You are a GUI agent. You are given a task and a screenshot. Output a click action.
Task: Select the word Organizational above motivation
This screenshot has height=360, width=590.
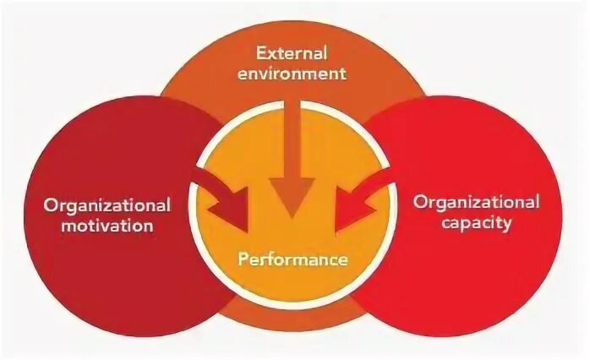pyautogui.click(x=107, y=205)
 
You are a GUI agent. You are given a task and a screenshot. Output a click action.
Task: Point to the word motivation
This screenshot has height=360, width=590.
pyautogui.click(x=101, y=226)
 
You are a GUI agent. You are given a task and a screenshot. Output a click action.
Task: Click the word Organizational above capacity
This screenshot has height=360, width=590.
pyautogui.click(x=476, y=202)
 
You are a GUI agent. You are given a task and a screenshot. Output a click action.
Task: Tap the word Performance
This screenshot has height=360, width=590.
pyautogui.click(x=292, y=259)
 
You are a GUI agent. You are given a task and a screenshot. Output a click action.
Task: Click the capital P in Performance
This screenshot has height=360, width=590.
pyautogui.click(x=242, y=259)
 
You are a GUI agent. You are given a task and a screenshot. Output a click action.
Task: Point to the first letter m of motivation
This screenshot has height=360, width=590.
pyautogui.click(x=52, y=226)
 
